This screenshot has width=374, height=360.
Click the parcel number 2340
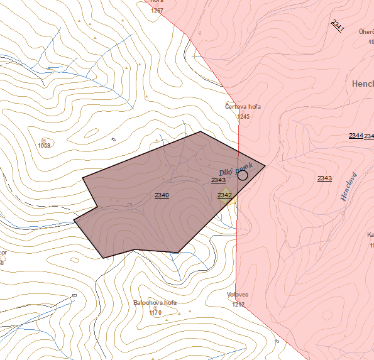pos(162,195)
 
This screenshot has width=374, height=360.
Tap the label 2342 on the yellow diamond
pos(224,195)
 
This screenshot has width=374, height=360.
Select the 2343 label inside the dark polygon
pos(218,180)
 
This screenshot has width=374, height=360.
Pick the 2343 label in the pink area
pos(324,178)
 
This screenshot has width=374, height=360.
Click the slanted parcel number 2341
pos(337,26)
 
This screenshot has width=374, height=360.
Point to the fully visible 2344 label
pos(356,136)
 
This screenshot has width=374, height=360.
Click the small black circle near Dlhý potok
pos(243,175)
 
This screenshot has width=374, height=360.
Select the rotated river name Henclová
pos(348,187)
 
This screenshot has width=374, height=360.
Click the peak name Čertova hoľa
pos(243,107)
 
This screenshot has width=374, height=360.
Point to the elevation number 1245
pos(244,116)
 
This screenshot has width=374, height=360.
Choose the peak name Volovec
pos(238,294)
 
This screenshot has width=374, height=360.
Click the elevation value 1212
pos(238,304)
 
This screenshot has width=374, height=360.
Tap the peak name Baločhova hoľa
pos(155,302)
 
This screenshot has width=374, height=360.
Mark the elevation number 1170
pos(155,312)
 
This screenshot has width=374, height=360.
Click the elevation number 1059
pos(44,146)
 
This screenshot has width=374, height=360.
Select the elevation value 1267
pos(157,11)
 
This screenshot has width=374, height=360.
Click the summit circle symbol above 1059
pos(43,139)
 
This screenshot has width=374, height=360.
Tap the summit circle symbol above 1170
pos(155,308)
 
